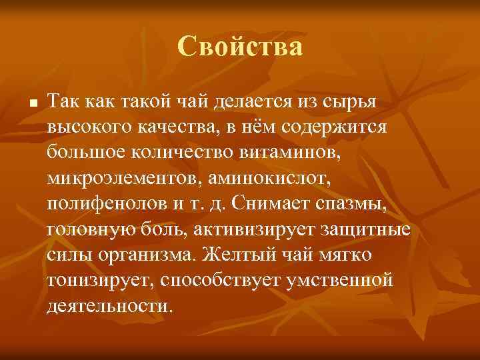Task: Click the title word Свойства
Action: (x=240, y=47)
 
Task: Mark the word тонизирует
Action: (x=98, y=281)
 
